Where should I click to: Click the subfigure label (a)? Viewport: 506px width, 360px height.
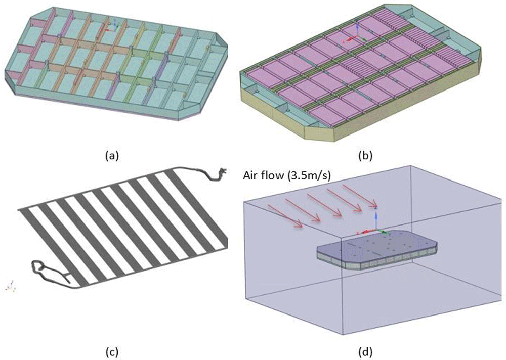coord(112,156)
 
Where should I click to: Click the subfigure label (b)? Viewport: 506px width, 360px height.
coord(365,156)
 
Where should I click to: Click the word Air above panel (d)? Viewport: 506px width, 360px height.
coord(249,176)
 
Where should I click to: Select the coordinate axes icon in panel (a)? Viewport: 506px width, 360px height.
coord(112,26)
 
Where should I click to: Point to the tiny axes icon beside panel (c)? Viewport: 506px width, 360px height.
coord(11,286)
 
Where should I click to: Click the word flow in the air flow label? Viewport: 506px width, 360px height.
coord(271,176)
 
